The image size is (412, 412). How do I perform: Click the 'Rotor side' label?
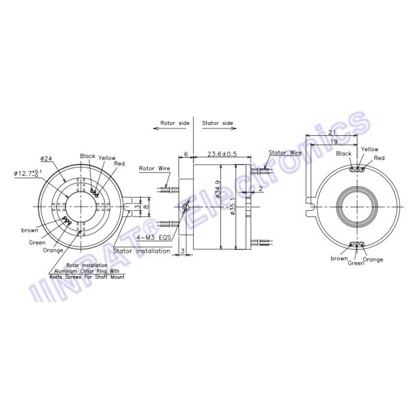tap(174, 124)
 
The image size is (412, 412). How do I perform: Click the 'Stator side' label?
tap(218, 124)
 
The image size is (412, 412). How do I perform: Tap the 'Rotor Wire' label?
tap(154, 168)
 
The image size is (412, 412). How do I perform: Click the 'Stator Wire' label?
tap(285, 152)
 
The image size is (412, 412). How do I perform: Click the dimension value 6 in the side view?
tap(185, 154)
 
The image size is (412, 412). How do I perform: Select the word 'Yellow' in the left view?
tap(107, 157)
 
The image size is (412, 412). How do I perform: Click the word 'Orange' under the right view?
tap(373, 260)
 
